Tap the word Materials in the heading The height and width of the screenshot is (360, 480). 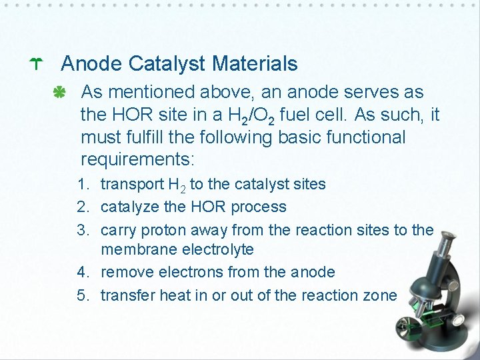[255, 64]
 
